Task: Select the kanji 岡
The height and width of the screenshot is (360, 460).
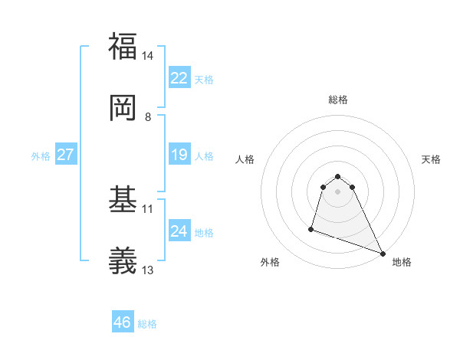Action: [x=123, y=108]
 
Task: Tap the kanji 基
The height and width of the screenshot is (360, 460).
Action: [x=123, y=199]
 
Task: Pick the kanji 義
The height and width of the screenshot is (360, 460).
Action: [x=123, y=261]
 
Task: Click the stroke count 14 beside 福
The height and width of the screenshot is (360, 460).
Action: [x=148, y=56]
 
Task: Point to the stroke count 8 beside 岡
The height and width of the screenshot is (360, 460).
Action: [x=148, y=117]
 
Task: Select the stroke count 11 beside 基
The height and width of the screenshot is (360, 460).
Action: [x=148, y=208]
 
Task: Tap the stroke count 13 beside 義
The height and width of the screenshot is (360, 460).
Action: [x=148, y=270]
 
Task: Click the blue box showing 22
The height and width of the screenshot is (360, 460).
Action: [x=179, y=78]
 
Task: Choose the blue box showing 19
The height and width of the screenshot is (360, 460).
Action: [x=179, y=155]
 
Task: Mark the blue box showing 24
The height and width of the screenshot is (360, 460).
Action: [x=179, y=231]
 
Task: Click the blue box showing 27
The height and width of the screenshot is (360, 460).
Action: [x=65, y=155]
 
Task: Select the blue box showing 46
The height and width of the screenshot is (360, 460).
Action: [x=123, y=322]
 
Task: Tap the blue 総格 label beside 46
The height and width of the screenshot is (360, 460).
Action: [x=147, y=324]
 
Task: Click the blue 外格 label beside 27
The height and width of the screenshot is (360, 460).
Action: [x=41, y=156]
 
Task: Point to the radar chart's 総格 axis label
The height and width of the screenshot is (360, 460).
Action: [x=338, y=100]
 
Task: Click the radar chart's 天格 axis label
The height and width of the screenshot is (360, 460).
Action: [x=431, y=159]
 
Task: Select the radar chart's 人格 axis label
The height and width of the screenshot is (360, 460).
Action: [x=245, y=159]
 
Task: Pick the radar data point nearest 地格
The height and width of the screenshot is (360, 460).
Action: [x=382, y=254]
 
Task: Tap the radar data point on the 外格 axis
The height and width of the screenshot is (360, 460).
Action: [x=311, y=228]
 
